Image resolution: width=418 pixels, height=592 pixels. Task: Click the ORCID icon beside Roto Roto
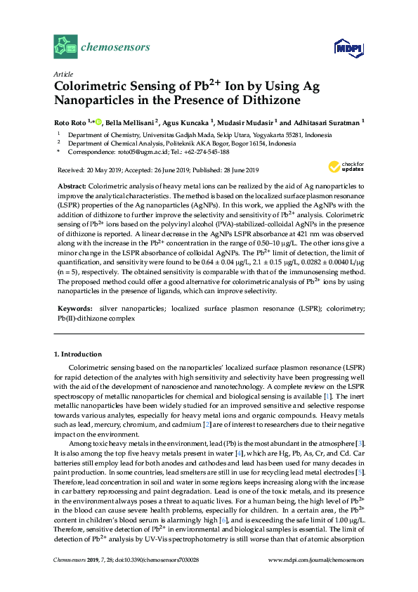[x=98, y=122]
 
